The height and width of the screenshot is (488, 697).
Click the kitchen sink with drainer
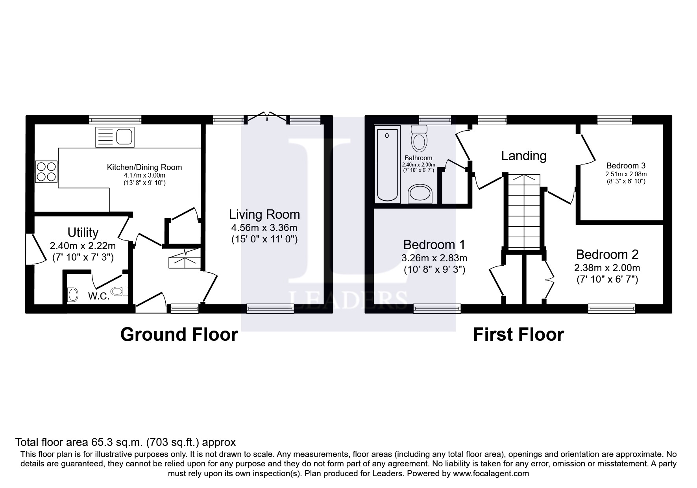click(x=115, y=137)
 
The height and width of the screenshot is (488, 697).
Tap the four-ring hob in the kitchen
click(x=46, y=172)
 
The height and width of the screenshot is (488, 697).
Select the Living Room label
click(x=264, y=214)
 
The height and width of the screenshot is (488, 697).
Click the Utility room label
click(x=83, y=232)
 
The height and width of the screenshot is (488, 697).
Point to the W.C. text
click(x=98, y=296)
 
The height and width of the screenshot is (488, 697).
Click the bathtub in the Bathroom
click(x=387, y=165)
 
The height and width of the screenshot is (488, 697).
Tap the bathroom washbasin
click(x=420, y=194)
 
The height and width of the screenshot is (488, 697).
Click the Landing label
click(x=523, y=156)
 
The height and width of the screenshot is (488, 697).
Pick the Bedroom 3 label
click(x=626, y=166)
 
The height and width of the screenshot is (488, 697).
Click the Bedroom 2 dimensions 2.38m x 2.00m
click(x=606, y=268)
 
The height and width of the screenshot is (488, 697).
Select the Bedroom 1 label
click(x=434, y=245)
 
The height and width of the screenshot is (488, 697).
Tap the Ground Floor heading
click(x=179, y=335)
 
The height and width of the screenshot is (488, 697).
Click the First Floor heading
click(x=518, y=335)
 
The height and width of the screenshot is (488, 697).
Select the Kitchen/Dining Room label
click(x=144, y=167)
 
